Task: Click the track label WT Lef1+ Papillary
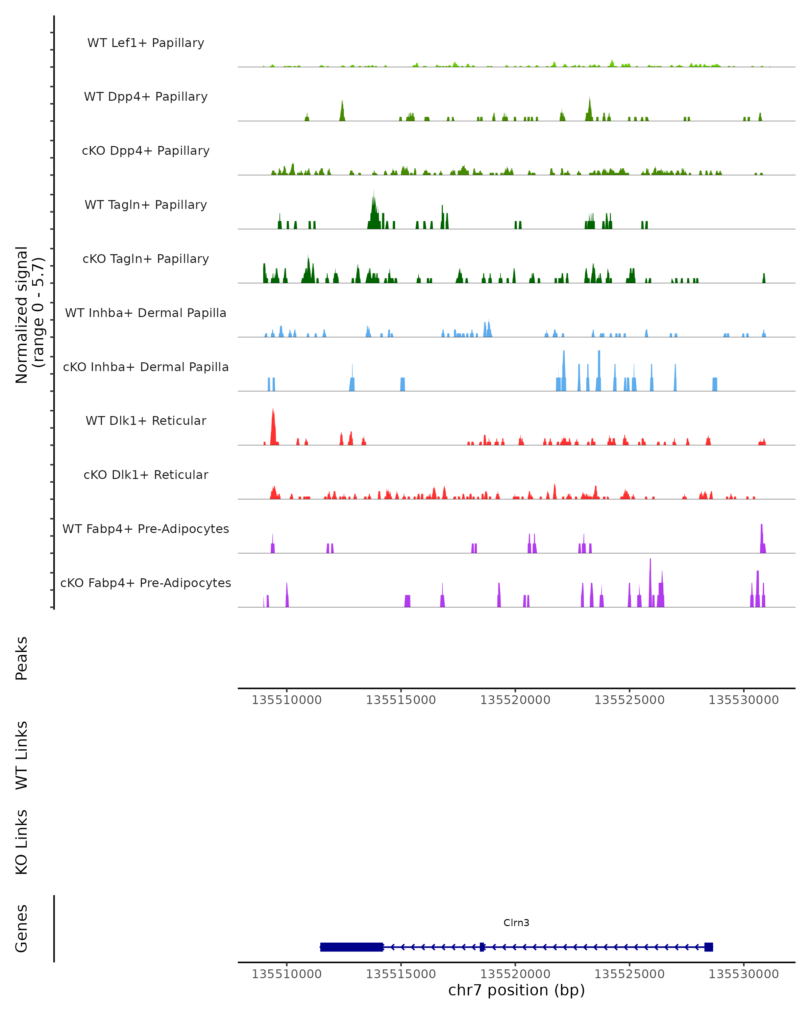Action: [x=146, y=43]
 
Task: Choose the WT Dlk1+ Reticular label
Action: [x=146, y=420]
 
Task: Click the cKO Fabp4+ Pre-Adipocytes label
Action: [x=146, y=583]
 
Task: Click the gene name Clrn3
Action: [x=516, y=923]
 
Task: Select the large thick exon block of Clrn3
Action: [x=352, y=947]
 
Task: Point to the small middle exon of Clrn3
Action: [x=482, y=947]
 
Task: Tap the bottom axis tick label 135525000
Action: [x=629, y=974]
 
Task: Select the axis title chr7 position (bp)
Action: [x=516, y=990]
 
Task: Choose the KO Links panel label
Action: [x=22, y=842]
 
